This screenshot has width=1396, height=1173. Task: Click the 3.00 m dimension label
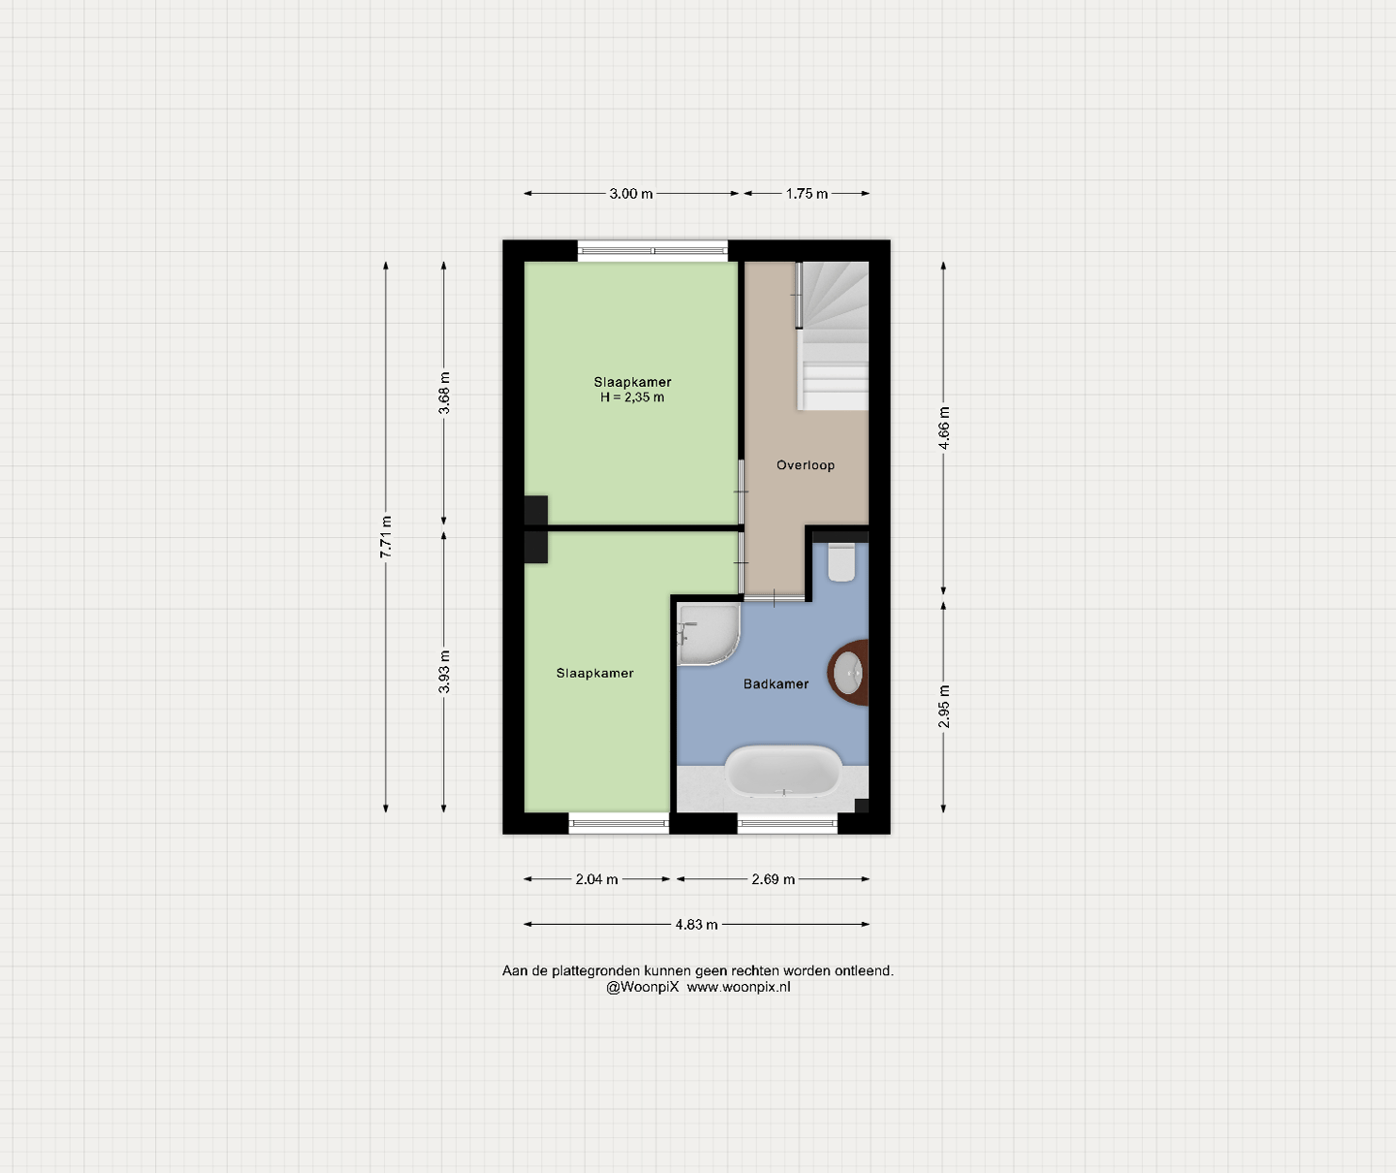[630, 194]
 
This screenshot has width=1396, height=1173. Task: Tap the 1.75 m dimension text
[807, 194]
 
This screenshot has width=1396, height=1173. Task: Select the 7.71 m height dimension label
[386, 537]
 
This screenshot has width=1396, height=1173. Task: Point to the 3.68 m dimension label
[444, 393]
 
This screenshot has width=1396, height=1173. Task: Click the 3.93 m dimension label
[444, 672]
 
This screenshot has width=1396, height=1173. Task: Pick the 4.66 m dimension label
[943, 428]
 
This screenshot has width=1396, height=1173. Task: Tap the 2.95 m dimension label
[943, 706]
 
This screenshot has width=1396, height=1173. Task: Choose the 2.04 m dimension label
[596, 879]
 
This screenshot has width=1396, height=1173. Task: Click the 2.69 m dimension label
[773, 879]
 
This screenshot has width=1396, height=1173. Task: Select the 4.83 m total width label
[696, 925]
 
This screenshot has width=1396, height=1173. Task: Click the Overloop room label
[805, 465]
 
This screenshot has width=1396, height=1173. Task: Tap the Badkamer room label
[776, 684]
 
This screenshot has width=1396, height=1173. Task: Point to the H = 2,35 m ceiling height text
[632, 397]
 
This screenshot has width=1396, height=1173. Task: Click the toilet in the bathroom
[841, 562]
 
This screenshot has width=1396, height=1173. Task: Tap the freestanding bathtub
[783, 771]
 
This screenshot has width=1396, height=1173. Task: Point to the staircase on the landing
[833, 335]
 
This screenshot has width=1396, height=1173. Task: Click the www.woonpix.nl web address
[739, 987]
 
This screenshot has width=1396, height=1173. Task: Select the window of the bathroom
[787, 823]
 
